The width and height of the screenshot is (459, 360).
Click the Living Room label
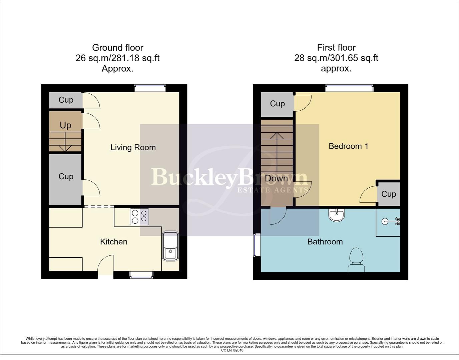(x=133, y=147)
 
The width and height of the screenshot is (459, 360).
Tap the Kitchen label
(x=114, y=242)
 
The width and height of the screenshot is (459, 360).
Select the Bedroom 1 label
(x=348, y=146)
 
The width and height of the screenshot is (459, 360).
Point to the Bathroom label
(x=325, y=242)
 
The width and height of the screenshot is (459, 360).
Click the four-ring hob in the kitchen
(x=139, y=216)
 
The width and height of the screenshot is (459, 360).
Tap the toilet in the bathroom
(x=356, y=260)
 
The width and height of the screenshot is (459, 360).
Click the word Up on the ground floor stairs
(x=65, y=125)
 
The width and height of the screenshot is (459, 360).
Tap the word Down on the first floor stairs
(x=276, y=178)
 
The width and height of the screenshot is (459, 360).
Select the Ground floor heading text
(x=117, y=48)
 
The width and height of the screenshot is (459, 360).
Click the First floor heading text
(x=336, y=48)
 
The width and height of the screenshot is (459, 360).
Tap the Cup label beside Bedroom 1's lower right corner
(x=388, y=194)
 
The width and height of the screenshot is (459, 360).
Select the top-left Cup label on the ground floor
(x=66, y=100)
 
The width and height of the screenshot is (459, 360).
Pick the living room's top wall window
(x=150, y=88)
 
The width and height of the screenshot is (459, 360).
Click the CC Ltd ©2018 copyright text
(x=232, y=350)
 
